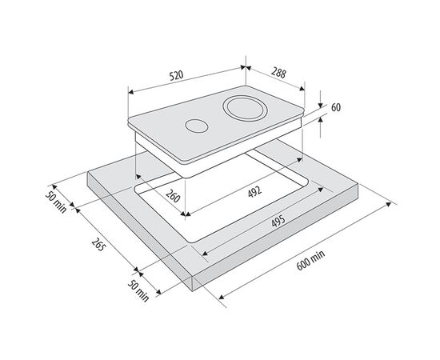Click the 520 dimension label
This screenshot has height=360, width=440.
pyautogui.click(x=176, y=75)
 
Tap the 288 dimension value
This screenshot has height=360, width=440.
pyautogui.click(x=278, y=73)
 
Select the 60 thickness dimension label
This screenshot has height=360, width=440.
pyautogui.click(x=336, y=107)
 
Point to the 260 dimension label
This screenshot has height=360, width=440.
pyautogui.click(x=173, y=196)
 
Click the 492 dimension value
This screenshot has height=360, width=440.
pyautogui.click(x=254, y=192)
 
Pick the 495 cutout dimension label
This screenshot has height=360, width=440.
pyautogui.click(x=278, y=221)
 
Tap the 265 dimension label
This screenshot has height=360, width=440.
pyautogui.click(x=98, y=244)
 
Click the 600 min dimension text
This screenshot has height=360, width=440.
pyautogui.click(x=310, y=260)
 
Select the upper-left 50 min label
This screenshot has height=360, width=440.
pyautogui.click(x=56, y=202)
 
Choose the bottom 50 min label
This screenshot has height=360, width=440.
pyautogui.click(x=138, y=291)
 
